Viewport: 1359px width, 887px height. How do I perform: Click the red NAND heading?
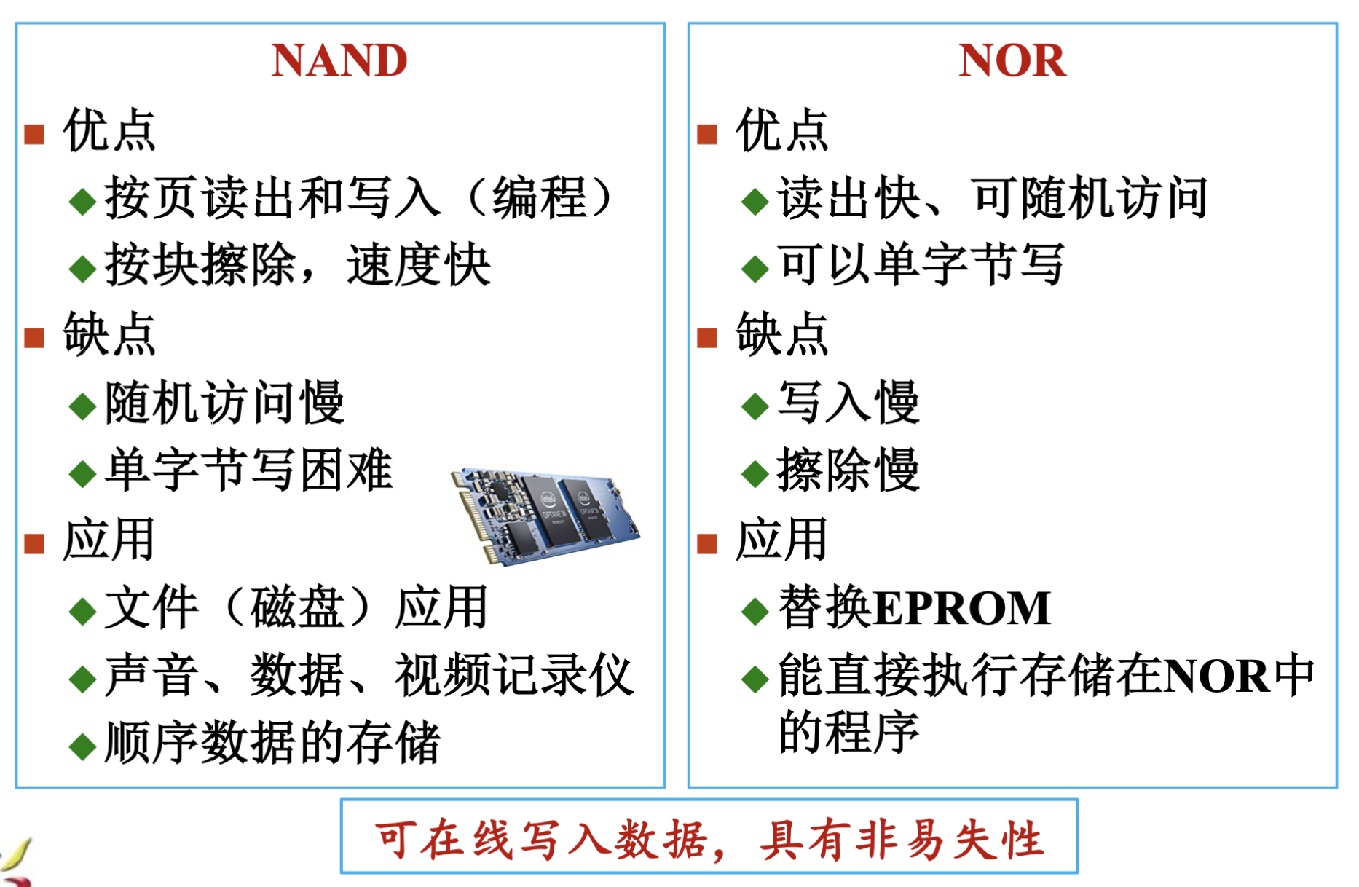(x=339, y=60)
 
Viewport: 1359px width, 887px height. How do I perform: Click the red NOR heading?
(x=1012, y=60)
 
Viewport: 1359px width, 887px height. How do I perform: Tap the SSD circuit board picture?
(x=545, y=515)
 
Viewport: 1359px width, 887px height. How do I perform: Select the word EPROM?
(x=962, y=607)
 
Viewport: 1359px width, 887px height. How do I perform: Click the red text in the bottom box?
(x=709, y=839)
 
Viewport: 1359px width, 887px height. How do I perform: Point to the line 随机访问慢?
(x=224, y=402)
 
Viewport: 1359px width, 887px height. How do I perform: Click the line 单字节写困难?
(x=248, y=470)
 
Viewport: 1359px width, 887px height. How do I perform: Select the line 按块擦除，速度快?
(x=298, y=265)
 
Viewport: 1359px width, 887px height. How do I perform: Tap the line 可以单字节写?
(x=921, y=264)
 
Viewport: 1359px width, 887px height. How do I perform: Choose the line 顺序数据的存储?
(x=272, y=743)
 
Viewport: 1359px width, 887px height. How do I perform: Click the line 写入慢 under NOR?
(x=848, y=402)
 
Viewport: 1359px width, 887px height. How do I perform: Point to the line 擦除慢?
(x=848, y=470)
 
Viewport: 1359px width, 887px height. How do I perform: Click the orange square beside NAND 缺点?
(x=34, y=338)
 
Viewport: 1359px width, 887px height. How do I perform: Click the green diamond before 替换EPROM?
(x=755, y=611)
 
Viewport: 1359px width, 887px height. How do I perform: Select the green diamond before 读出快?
(x=755, y=201)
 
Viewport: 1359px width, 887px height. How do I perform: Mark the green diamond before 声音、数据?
(x=82, y=679)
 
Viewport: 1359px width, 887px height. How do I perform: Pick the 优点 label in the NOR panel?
(x=782, y=130)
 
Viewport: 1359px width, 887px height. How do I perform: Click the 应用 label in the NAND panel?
(x=109, y=540)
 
